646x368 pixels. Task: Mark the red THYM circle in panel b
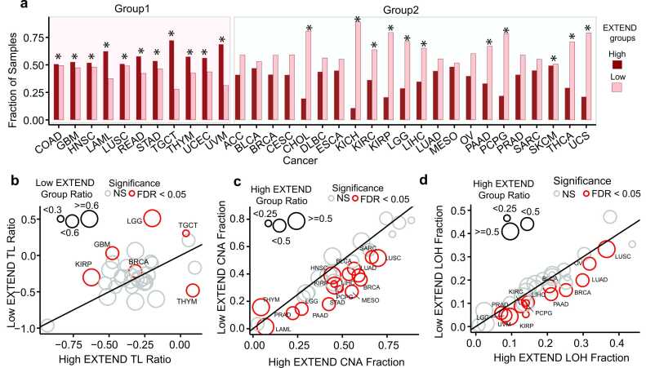point(193,290)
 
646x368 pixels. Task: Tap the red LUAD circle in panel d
point(582,280)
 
